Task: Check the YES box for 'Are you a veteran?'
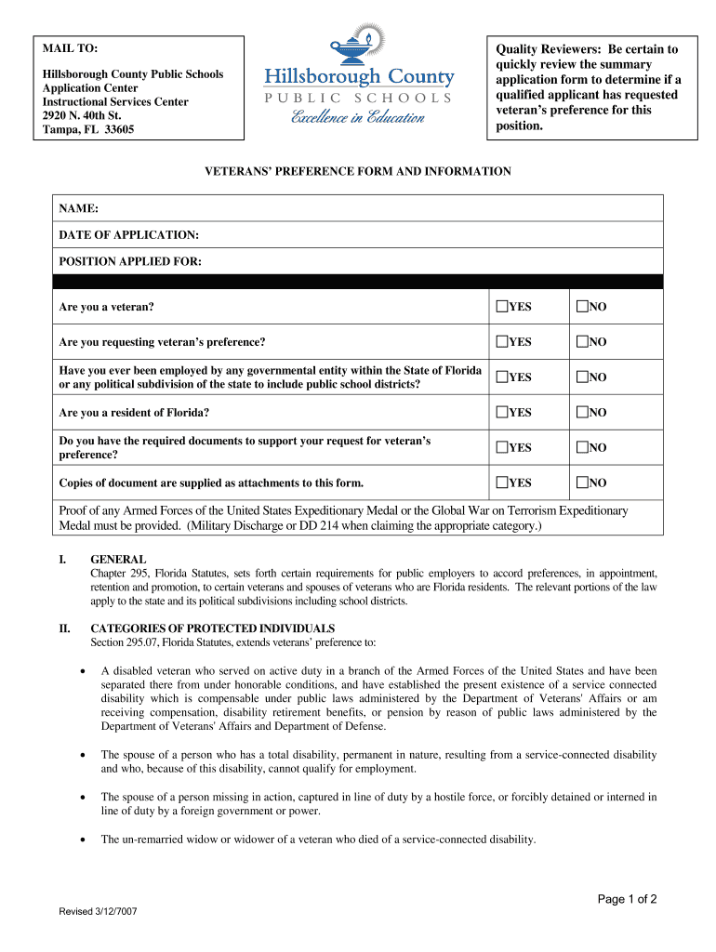(x=502, y=306)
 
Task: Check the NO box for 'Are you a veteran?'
(x=582, y=306)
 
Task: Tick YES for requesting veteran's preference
(x=502, y=341)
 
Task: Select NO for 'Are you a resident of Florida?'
(x=582, y=412)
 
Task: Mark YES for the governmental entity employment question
(x=502, y=377)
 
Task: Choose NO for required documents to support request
(x=582, y=447)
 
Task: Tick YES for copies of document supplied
(x=502, y=483)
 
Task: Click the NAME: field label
(x=79, y=209)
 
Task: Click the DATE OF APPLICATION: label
(x=128, y=235)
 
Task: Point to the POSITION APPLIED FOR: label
(x=130, y=261)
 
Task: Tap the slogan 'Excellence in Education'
(x=358, y=118)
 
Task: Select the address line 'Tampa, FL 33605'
(x=88, y=129)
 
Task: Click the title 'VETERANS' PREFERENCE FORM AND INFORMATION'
(x=358, y=171)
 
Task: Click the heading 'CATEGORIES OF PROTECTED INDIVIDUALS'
(x=213, y=628)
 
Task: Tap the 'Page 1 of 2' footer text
(x=627, y=899)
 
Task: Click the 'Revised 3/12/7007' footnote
(x=99, y=911)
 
